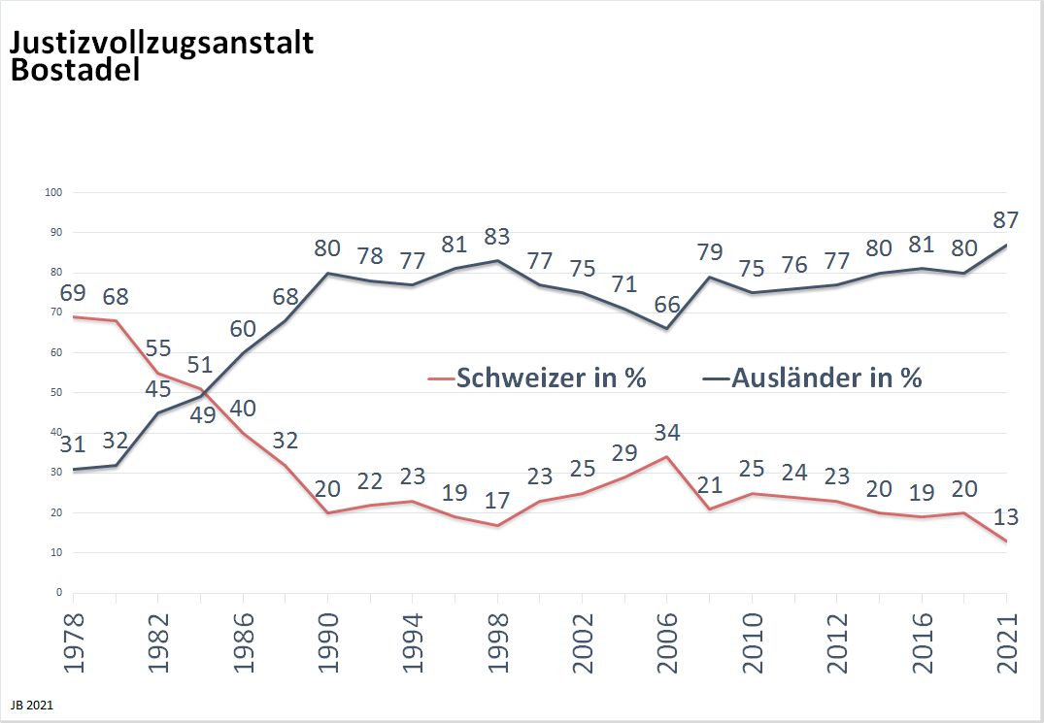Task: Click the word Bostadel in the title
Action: point(76,71)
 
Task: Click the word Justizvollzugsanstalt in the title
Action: point(161,44)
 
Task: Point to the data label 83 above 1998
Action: point(497,237)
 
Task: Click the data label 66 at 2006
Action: point(667,304)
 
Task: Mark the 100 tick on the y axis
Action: point(54,192)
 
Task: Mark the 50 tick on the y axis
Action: point(56,392)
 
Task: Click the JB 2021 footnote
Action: point(32,706)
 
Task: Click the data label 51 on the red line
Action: point(199,366)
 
